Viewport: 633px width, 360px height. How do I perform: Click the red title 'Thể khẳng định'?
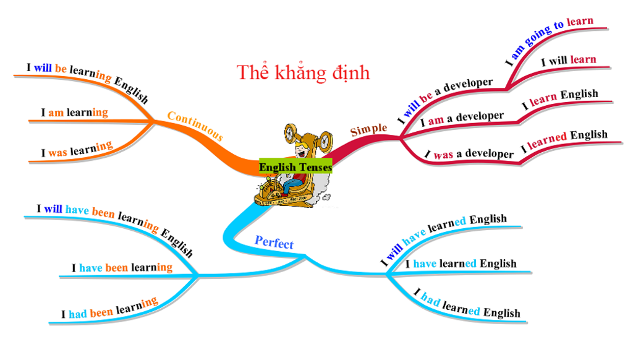303,73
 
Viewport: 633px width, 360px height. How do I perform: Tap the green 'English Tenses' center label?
295,167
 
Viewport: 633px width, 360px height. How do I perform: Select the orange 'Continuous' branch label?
195,126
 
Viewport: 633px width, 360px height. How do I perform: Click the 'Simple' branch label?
368,130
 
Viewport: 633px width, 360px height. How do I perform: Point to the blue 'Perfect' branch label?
274,242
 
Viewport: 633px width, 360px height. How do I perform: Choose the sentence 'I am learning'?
74,113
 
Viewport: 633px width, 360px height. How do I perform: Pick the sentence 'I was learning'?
77,150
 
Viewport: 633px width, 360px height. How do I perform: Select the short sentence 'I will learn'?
568,61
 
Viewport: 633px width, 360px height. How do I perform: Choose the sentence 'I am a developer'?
462,118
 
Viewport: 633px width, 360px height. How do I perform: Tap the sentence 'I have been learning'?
122,268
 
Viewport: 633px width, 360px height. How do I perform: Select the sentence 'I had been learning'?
109,308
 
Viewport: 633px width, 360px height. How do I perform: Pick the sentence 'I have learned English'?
461,264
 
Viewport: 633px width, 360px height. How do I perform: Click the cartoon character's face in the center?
301,150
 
